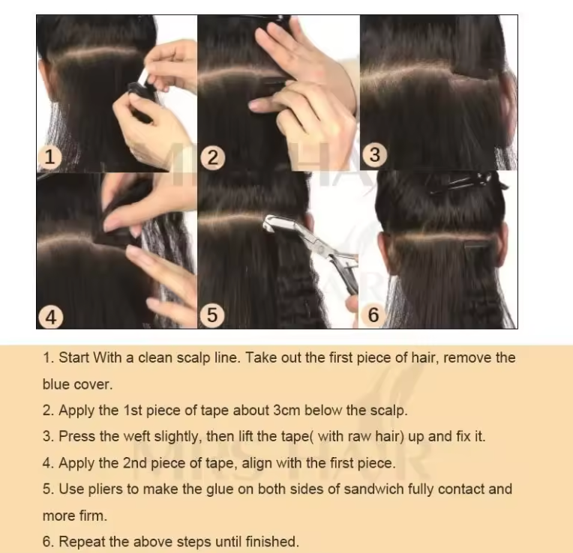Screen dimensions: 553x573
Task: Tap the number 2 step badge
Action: pyautogui.click(x=213, y=157)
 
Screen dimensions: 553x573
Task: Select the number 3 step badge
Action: pyautogui.click(x=375, y=155)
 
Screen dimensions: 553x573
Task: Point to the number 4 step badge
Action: pyautogui.click(x=49, y=316)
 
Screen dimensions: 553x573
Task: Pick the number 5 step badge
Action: pyautogui.click(x=213, y=315)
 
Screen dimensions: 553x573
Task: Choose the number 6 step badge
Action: pyautogui.click(x=374, y=315)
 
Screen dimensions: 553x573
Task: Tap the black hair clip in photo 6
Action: pyautogui.click(x=465, y=183)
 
